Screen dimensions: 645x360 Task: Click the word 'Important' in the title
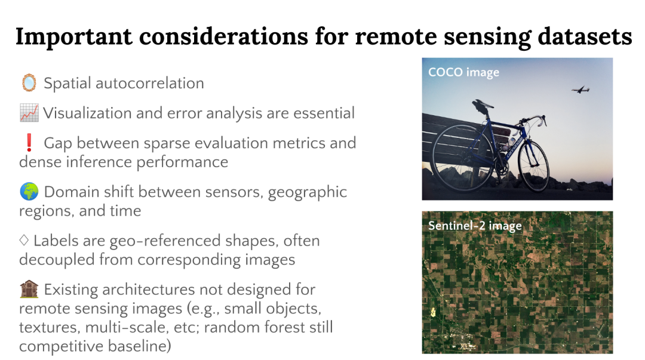pyautogui.click(x=74, y=37)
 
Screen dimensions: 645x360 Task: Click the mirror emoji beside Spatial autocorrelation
pyautogui.click(x=29, y=83)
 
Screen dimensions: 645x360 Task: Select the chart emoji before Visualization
pyautogui.click(x=29, y=113)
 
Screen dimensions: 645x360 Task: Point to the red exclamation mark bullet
pyautogui.click(x=29, y=143)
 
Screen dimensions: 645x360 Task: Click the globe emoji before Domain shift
pyautogui.click(x=29, y=192)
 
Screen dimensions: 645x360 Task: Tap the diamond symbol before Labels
pyautogui.click(x=24, y=240)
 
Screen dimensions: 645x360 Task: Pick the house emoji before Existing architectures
pyautogui.click(x=29, y=289)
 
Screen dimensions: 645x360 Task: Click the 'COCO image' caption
pyautogui.click(x=463, y=72)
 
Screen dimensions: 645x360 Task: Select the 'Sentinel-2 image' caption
pyautogui.click(x=475, y=226)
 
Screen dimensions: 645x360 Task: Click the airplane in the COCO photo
pyautogui.click(x=580, y=90)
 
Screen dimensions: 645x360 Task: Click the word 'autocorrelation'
pyautogui.click(x=150, y=83)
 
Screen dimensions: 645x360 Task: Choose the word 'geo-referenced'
pyautogui.click(x=165, y=241)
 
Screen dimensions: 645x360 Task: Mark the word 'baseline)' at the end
pyautogui.click(x=139, y=346)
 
